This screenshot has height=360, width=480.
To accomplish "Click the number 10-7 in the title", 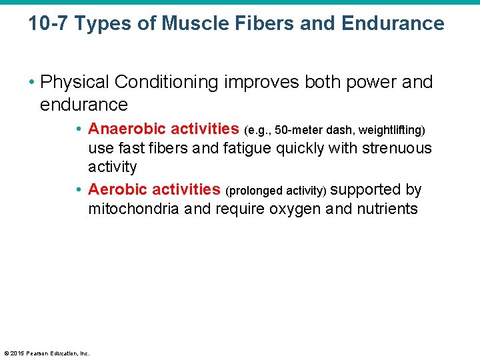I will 48,24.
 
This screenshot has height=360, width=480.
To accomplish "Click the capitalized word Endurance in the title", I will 393,24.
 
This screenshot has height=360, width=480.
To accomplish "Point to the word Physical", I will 75,82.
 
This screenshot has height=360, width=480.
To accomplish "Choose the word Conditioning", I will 167,82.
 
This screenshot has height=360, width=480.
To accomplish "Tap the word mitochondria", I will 133,209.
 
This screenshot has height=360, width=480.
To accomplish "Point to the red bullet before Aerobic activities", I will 79,191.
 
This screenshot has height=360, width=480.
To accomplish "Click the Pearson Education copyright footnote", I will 47,353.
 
